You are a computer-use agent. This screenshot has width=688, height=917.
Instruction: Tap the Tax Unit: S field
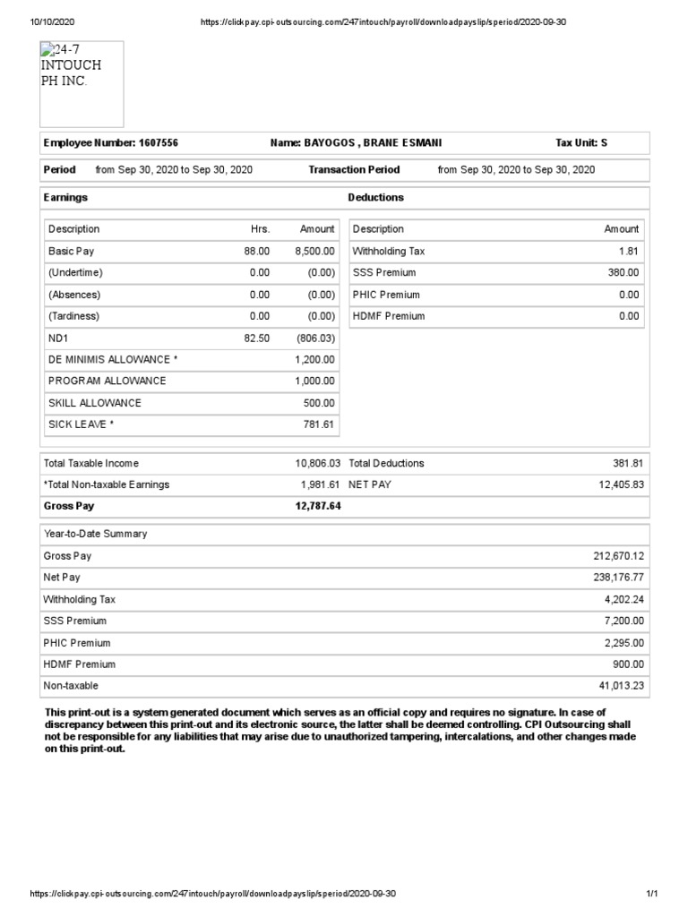click(581, 143)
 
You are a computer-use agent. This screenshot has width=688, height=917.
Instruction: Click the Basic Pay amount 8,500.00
click(314, 252)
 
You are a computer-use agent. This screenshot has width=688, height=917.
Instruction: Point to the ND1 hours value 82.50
click(257, 338)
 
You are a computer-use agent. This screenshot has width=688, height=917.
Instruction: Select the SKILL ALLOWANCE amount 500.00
click(319, 403)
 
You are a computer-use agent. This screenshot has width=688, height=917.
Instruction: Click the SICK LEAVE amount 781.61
click(319, 424)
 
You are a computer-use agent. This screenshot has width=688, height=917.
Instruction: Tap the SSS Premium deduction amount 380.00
click(623, 273)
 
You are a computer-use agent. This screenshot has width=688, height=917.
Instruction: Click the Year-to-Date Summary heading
click(95, 534)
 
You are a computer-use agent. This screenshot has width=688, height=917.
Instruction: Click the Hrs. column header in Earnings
click(260, 229)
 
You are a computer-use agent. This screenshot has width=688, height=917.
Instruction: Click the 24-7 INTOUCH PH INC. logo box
click(82, 83)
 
